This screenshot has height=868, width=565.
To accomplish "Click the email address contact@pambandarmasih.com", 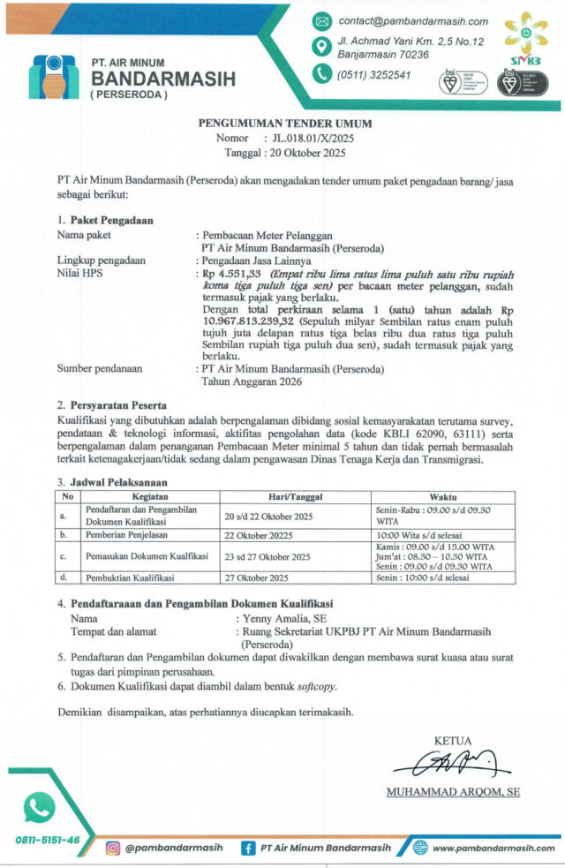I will pyautogui.click(x=413, y=21).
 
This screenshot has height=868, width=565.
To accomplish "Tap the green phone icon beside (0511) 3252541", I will pyautogui.click(x=322, y=75).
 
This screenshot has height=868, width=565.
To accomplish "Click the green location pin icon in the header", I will pyautogui.click(x=322, y=48).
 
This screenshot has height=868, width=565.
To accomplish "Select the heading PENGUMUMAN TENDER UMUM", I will pyautogui.click(x=283, y=125).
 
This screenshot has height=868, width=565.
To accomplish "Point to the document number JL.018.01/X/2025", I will pyautogui.click(x=313, y=139).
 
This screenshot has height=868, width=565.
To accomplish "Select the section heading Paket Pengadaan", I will pyautogui.click(x=112, y=221).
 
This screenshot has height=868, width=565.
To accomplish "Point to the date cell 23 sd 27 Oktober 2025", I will pyautogui.click(x=266, y=557).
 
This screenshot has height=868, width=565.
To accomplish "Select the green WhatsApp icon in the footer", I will pyautogui.click(x=39, y=806).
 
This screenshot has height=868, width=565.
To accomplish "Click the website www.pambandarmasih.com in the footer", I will pyautogui.click(x=493, y=849).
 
